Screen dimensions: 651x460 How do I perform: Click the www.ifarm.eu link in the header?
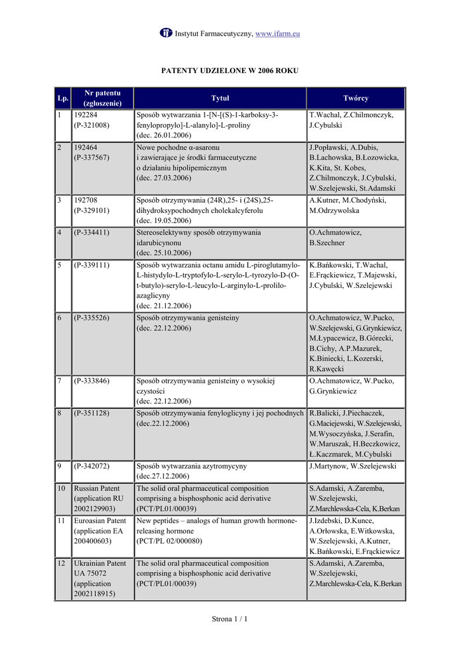277,33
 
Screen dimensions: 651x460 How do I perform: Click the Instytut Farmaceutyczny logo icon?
166,32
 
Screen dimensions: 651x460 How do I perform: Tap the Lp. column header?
63,99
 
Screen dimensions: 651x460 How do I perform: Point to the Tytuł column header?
220,99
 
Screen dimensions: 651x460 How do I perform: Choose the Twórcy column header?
355,99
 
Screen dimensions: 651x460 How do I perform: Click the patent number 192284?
86,115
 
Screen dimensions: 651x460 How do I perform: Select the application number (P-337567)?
91,157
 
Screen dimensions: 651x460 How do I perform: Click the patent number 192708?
86,200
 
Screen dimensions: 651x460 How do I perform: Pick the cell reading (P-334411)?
91,233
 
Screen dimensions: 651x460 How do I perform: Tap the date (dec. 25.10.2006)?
164,253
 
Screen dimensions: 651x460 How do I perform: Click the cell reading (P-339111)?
91,264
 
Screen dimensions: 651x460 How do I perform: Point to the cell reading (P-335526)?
91,317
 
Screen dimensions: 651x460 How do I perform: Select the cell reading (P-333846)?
91,381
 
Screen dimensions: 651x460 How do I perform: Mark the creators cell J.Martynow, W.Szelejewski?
352,466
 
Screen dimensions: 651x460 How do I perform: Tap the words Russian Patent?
97,488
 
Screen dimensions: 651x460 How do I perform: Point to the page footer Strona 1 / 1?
229,619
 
